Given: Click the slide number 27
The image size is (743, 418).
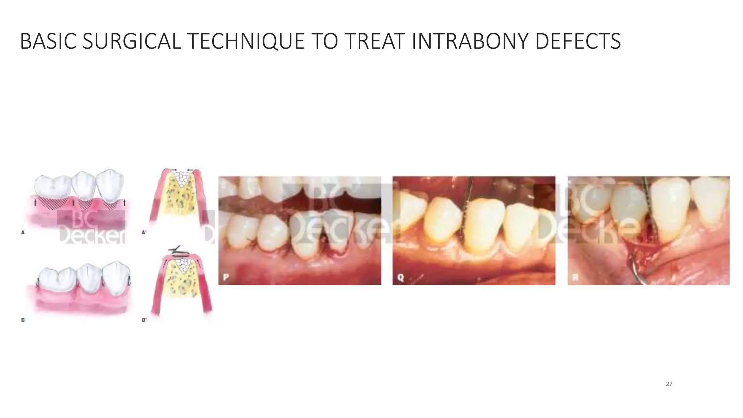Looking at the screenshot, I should click(x=669, y=384).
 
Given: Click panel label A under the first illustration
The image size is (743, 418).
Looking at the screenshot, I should click(x=23, y=233).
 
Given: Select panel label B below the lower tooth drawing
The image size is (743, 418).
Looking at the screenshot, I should click(x=23, y=320).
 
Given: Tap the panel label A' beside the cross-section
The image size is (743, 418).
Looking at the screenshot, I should click(x=144, y=233).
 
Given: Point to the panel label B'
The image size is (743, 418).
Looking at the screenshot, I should click(x=144, y=320).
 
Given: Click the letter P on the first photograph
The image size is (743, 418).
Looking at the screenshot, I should click(x=226, y=277).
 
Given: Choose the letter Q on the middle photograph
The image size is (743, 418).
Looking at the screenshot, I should click(x=401, y=277).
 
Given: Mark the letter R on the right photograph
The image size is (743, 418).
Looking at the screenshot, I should click(x=575, y=277).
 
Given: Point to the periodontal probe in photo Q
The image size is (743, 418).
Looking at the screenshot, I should click(x=467, y=203).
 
